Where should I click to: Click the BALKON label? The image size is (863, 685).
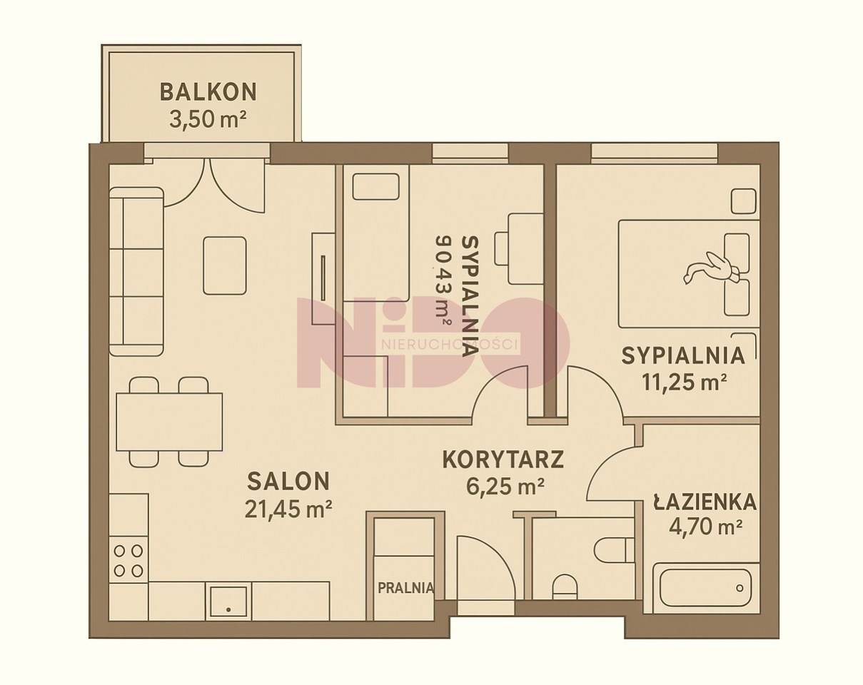coord(208,92)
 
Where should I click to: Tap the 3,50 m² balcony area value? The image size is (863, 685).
coord(208,119)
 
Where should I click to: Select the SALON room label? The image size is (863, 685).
coord(288,481)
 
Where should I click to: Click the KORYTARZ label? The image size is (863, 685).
coord(503,460)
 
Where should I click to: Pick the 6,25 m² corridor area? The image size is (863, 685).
coord(505,487)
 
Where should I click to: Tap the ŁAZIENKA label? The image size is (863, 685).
coord(705,502)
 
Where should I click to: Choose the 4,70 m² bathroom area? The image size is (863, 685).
coord(705,527)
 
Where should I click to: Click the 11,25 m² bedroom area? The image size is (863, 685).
coord(685,382)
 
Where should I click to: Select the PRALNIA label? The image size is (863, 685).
coord(406,587)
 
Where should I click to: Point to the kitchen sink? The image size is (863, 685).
coord(228,601)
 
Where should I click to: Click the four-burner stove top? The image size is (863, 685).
coord(128,560)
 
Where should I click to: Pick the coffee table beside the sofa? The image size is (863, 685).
coord(225,265)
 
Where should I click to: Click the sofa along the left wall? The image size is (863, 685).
coord(137,272)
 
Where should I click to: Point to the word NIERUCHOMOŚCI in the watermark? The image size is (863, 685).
coord(449,345)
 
